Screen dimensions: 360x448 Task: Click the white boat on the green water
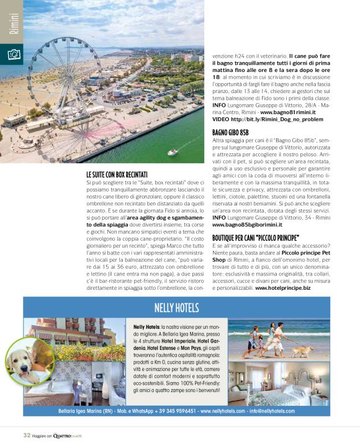tap(173, 151)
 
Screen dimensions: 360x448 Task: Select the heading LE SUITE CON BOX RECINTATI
tap(117, 176)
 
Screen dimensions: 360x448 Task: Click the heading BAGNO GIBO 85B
tap(230, 133)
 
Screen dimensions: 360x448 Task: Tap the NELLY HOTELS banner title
tap(176, 308)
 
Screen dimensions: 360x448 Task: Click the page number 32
tap(27, 435)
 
